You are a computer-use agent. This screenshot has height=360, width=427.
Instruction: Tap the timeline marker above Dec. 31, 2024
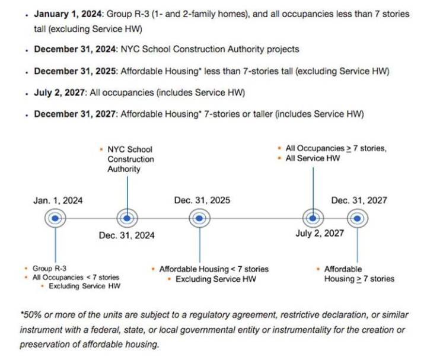pyautogui.click(x=127, y=218)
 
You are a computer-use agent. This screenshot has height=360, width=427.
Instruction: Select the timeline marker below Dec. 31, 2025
pyautogui.click(x=199, y=218)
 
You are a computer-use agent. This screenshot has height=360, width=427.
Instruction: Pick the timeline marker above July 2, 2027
pyautogui.click(x=313, y=218)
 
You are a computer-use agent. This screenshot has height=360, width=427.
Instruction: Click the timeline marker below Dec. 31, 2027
pyautogui.click(x=357, y=218)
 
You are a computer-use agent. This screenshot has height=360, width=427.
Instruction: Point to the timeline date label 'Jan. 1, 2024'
pyautogui.click(x=58, y=200)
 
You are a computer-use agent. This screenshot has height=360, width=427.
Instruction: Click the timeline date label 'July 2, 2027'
pyautogui.click(x=320, y=234)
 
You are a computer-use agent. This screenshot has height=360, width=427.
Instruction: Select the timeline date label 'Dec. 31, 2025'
pyautogui.click(x=202, y=200)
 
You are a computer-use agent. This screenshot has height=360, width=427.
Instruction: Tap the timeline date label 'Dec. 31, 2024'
pyautogui.click(x=127, y=235)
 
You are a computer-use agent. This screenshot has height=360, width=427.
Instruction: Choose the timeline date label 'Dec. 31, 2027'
pyautogui.click(x=359, y=200)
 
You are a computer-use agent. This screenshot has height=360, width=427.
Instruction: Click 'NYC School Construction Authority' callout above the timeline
pyautogui.click(x=130, y=160)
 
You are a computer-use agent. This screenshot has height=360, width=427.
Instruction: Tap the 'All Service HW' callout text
pyautogui.click(x=313, y=158)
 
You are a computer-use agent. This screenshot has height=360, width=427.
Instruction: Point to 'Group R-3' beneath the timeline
pyautogui.click(x=49, y=269)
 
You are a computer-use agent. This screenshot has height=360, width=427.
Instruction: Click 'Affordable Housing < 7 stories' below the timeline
pyautogui.click(x=213, y=269)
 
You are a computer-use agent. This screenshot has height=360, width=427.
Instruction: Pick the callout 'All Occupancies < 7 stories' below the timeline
pyautogui.click(x=75, y=278)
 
